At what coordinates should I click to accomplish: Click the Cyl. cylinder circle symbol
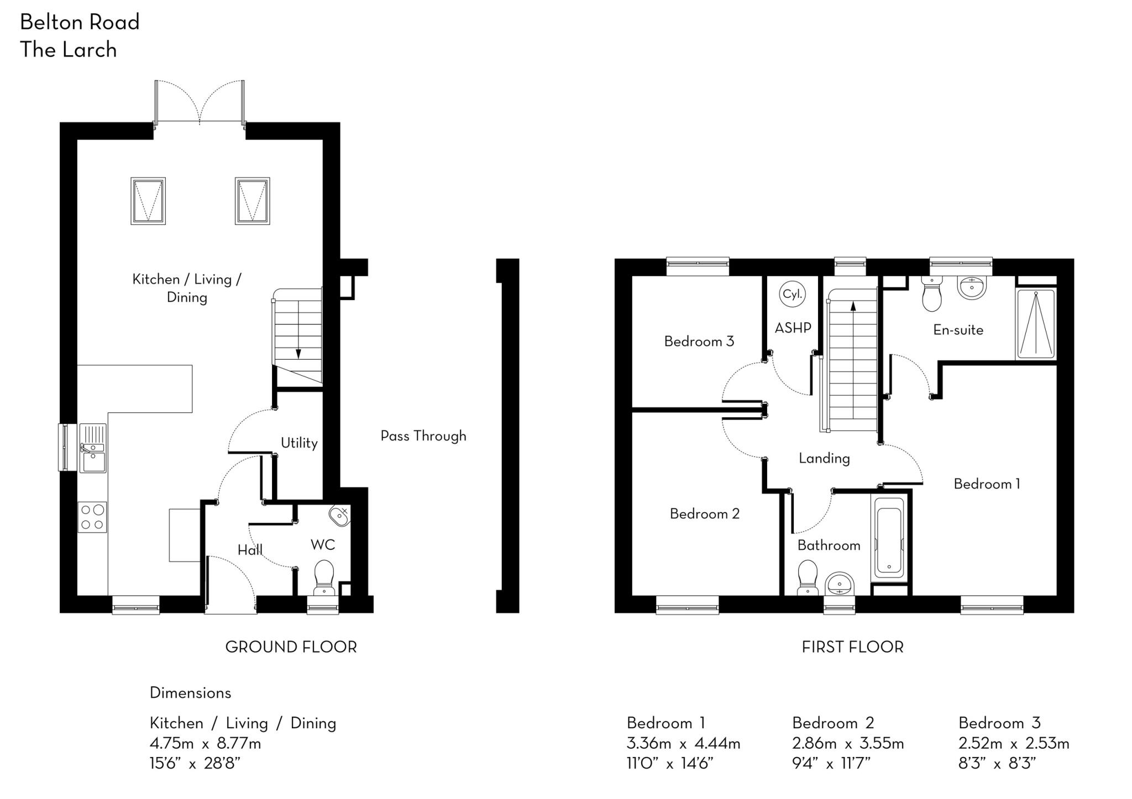pyautogui.click(x=792, y=294)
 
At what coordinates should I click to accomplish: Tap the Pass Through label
pyautogui.click(x=423, y=436)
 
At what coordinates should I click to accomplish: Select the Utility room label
pyautogui.click(x=298, y=443)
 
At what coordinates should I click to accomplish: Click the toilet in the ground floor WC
pyautogui.click(x=323, y=577)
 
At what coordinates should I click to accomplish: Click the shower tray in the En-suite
pyautogui.click(x=1035, y=323)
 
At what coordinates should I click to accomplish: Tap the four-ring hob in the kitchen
pyautogui.click(x=92, y=517)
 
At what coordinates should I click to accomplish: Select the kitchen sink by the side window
pyautogui.click(x=92, y=448)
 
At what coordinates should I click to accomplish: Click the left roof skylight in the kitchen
pyautogui.click(x=148, y=201)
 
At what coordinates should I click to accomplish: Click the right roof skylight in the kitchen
pyautogui.click(x=252, y=201)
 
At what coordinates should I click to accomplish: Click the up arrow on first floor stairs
pyautogui.click(x=853, y=306)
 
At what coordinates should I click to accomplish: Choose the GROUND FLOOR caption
pyautogui.click(x=291, y=647)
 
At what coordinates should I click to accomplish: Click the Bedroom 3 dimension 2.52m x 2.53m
pyautogui.click(x=1013, y=743)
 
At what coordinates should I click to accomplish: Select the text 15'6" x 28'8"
pyautogui.click(x=195, y=764)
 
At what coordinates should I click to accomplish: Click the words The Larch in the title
pyautogui.click(x=69, y=50)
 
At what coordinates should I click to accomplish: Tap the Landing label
pyautogui.click(x=824, y=458)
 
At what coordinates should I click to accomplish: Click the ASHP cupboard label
pyautogui.click(x=793, y=328)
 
